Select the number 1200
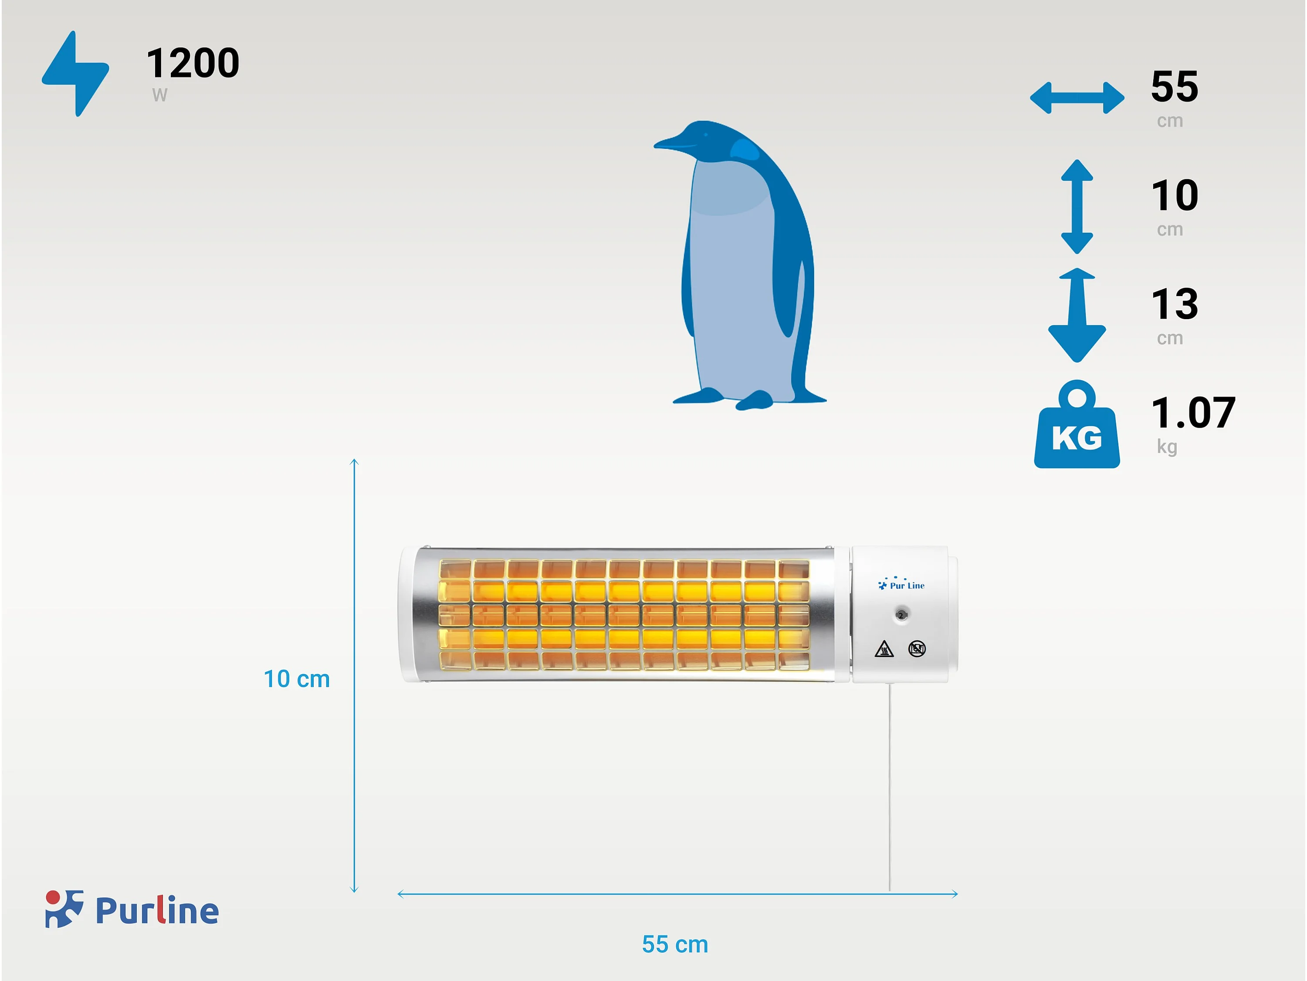193,63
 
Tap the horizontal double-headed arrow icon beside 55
1077,98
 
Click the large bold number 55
1175,86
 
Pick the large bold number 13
1175,304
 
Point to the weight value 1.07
1193,413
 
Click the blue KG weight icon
1077,424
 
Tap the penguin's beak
674,142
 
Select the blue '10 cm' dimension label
297,679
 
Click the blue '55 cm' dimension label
675,944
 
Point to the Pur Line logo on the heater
901,584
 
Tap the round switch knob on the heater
901,615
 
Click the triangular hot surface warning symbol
884,649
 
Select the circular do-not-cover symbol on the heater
917,649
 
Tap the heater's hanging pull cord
889,787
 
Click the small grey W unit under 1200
159,95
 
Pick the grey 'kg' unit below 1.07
1167,447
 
